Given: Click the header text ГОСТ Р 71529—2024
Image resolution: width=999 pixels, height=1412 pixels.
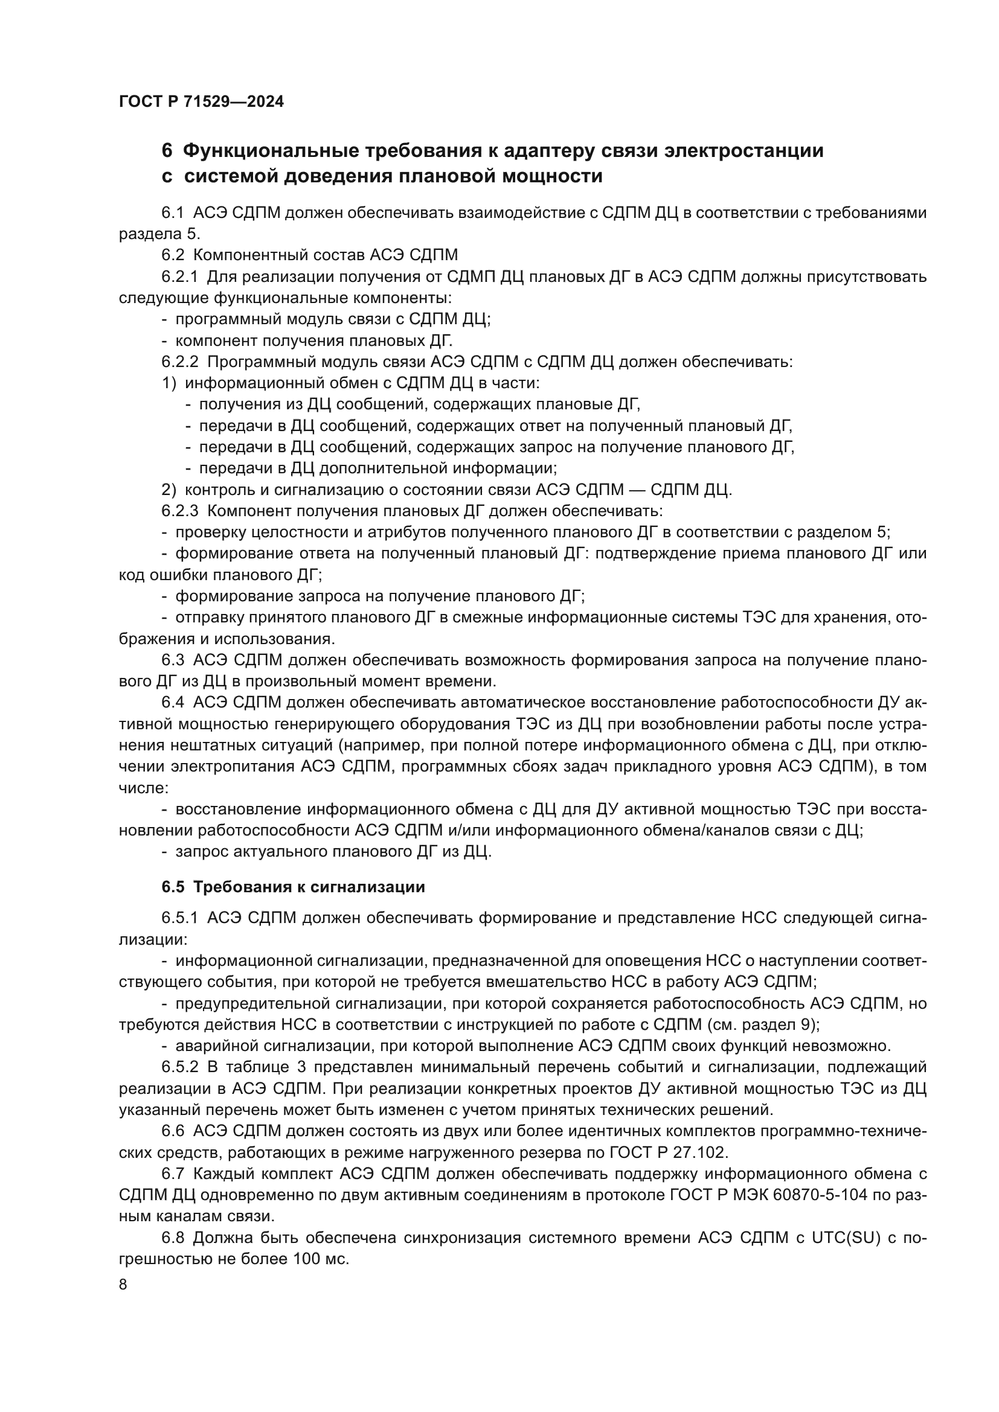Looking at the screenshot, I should [x=201, y=102].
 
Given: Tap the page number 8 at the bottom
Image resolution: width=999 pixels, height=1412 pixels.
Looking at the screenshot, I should [x=123, y=1285].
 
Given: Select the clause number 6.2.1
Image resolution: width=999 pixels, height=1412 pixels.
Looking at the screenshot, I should [x=179, y=276].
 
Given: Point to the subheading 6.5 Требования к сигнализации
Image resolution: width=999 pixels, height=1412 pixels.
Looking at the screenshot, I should [x=293, y=887].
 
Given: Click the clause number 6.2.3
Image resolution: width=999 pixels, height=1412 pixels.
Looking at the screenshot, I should [x=179, y=511].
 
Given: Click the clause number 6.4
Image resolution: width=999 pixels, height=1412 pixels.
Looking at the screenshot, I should [x=173, y=702].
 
